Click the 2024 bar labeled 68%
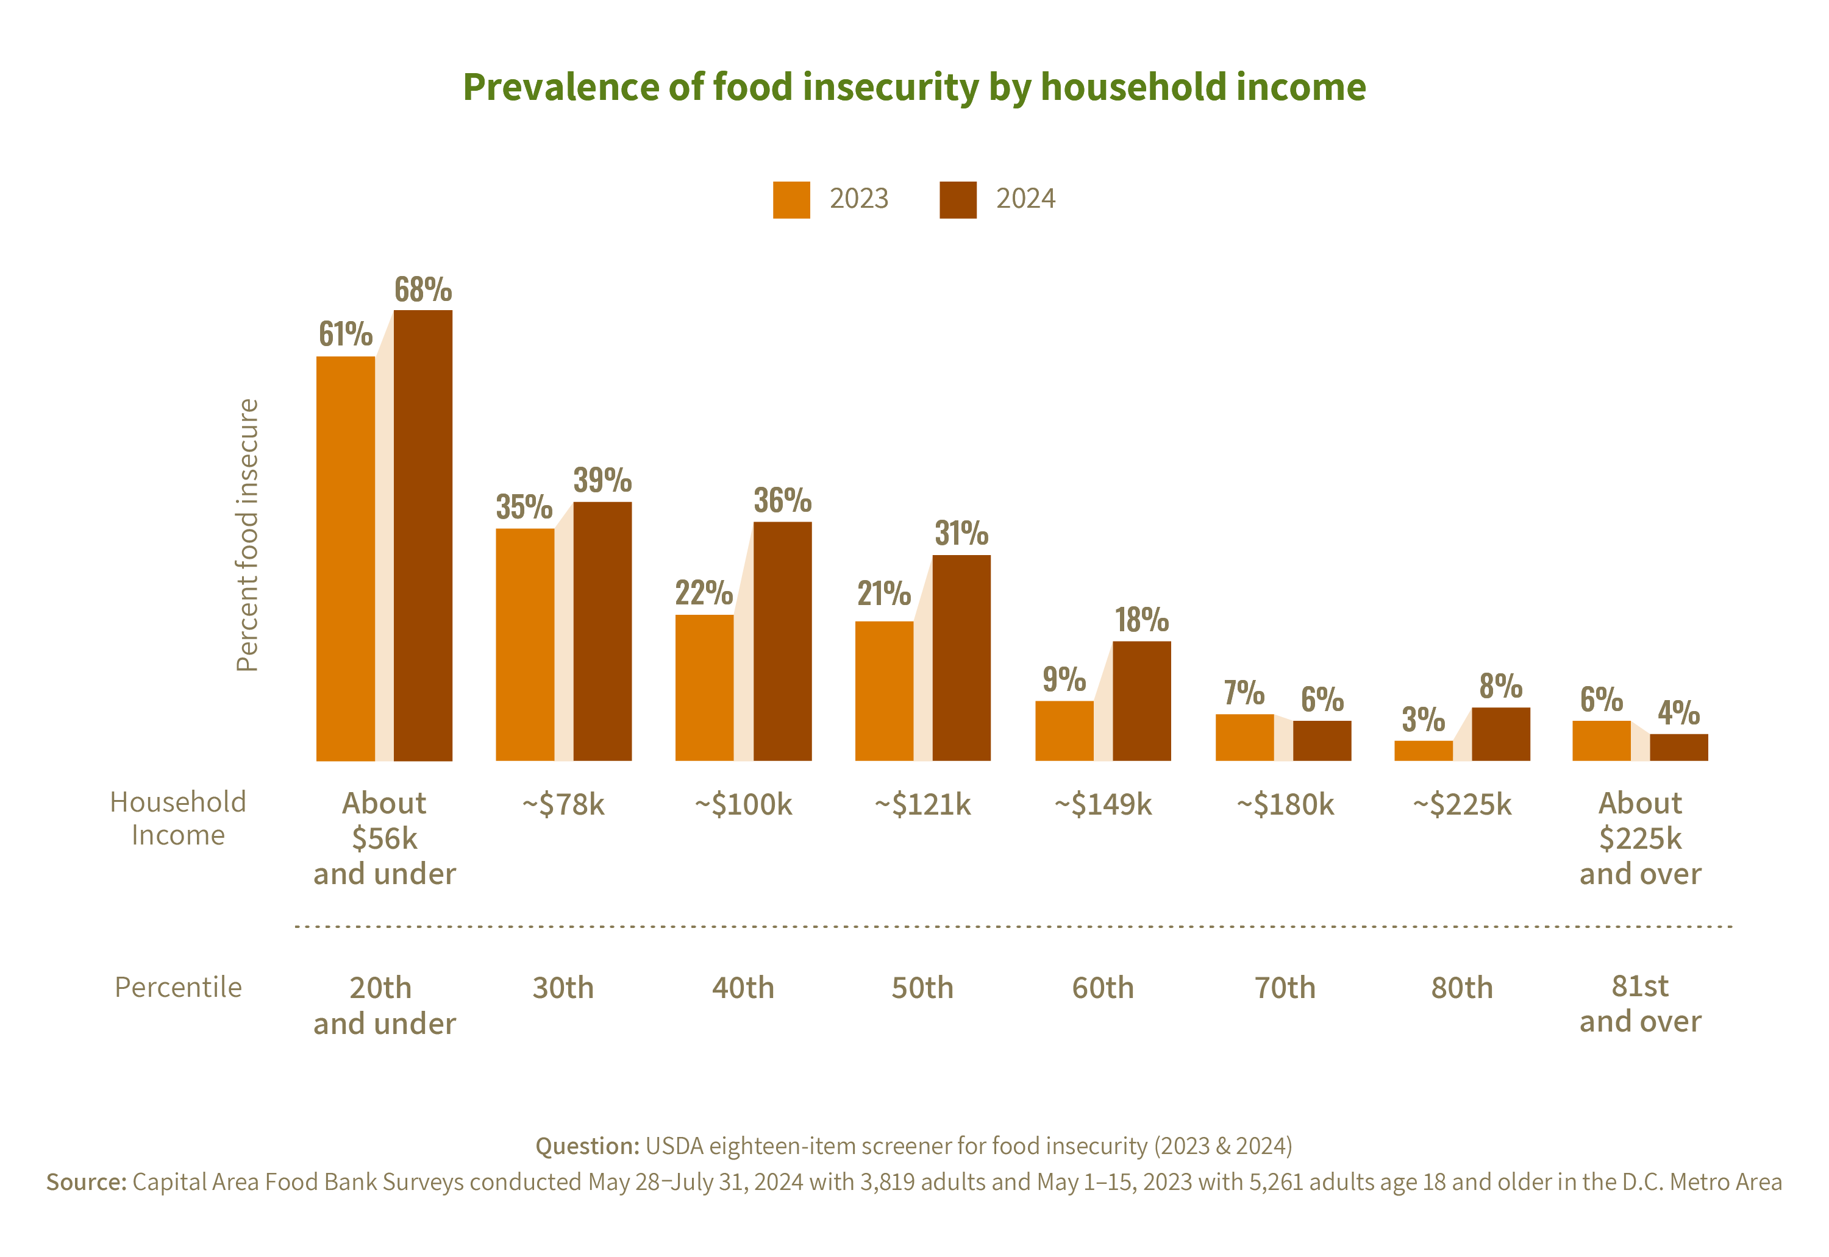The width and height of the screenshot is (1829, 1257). pos(423,536)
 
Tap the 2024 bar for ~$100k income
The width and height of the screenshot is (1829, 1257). pos(782,641)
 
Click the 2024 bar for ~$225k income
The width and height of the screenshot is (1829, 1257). pos(1501,734)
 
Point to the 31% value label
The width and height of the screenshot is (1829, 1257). pos(961,533)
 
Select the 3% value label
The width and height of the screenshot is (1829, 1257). pos(1423,719)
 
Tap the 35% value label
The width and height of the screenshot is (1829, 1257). pos(524,506)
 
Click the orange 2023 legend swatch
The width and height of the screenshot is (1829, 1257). pos(791,200)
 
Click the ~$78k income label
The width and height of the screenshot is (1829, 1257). pos(563,804)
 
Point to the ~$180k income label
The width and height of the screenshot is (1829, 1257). pos(1285,804)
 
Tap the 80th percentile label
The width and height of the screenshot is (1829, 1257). pos(1462,988)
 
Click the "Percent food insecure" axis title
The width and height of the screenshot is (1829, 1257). pos(248,536)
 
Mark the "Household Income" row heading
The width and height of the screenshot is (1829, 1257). pos(178,818)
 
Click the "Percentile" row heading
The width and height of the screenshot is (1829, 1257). pos(178,987)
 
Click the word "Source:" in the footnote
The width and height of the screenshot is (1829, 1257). pos(86,1182)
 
